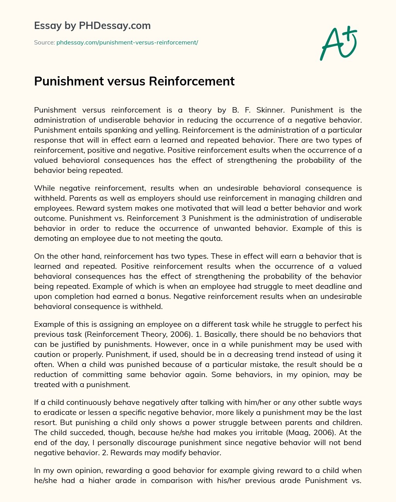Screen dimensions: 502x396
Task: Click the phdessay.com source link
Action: coord(127,43)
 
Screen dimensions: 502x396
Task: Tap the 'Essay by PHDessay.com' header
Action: coord(92,26)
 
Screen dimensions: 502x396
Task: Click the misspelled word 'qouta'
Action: coord(212,238)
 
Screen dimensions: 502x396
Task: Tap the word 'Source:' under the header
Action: coord(44,43)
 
